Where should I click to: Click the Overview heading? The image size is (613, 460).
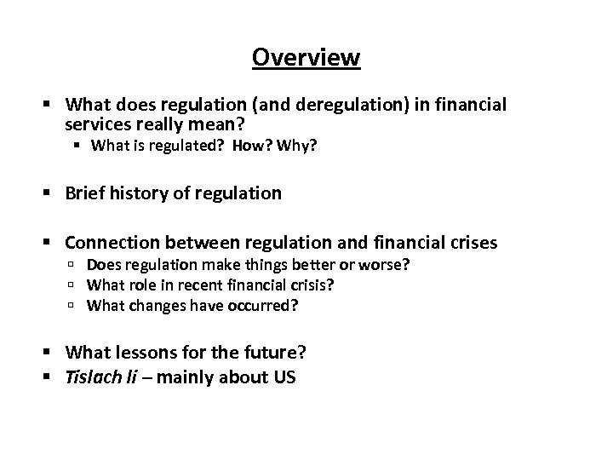[x=306, y=57]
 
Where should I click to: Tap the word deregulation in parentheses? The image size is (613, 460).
[x=354, y=105]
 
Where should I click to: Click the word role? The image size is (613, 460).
[x=147, y=285]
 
